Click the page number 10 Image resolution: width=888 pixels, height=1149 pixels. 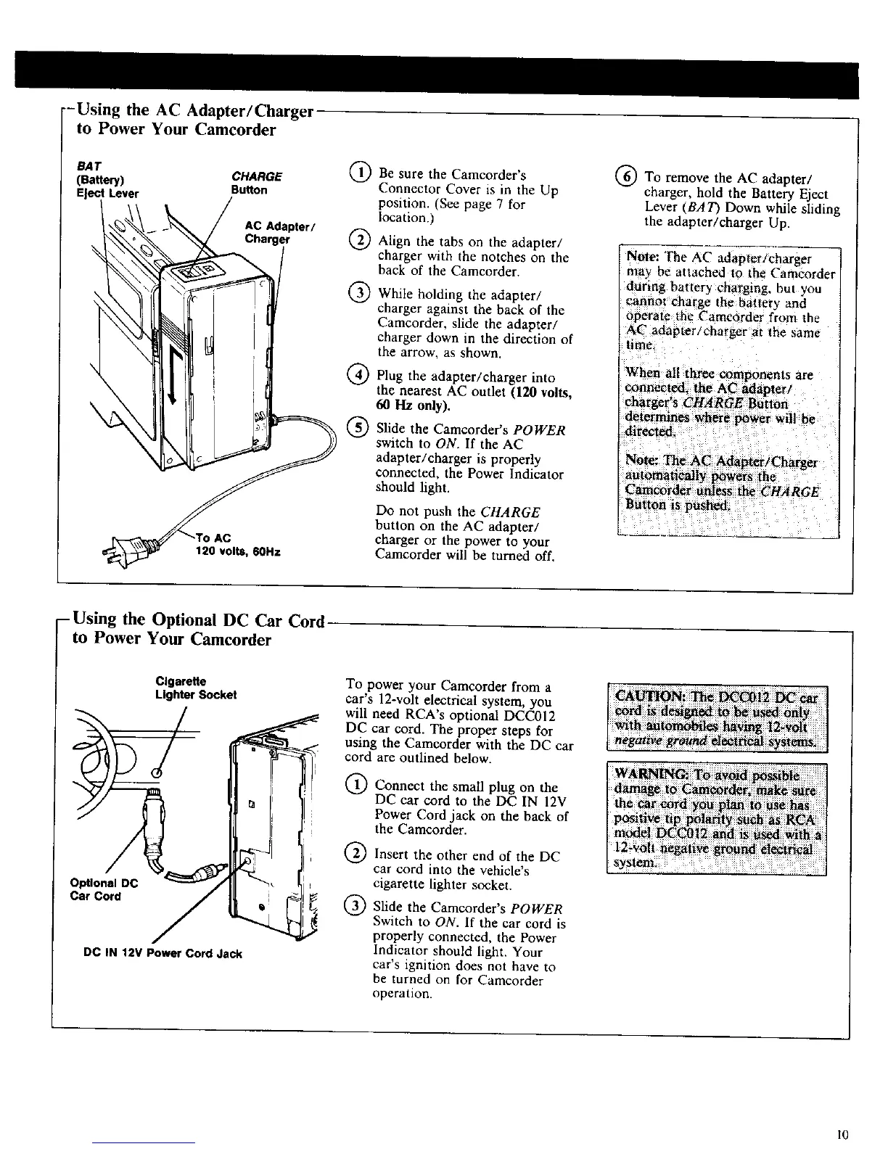coord(842,1133)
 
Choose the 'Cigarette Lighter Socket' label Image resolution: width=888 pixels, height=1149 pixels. coord(196,688)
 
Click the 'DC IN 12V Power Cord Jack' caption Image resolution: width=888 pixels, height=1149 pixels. coord(164,953)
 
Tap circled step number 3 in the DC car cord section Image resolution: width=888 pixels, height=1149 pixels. coord(355,907)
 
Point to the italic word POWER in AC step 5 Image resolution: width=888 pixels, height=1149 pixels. coord(538,429)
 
